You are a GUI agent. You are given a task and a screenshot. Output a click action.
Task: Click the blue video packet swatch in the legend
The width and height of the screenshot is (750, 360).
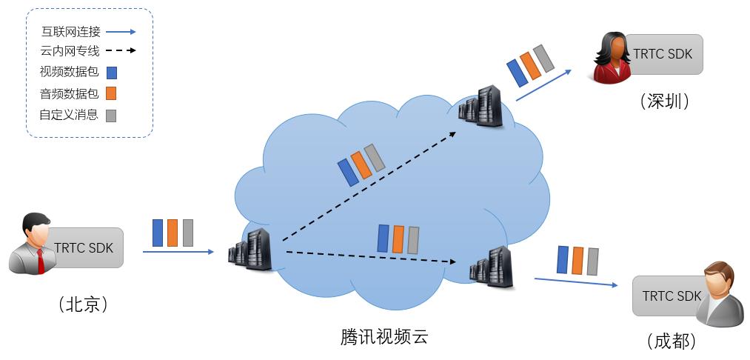click(112, 73)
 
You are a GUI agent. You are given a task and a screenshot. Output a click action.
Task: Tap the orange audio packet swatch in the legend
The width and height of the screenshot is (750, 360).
click(111, 93)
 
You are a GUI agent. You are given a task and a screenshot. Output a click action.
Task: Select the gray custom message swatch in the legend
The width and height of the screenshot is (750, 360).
click(111, 116)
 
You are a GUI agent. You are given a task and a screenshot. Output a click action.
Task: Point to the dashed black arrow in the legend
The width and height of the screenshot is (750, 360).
click(121, 50)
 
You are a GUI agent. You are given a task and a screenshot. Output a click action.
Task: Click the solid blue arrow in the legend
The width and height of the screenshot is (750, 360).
click(121, 32)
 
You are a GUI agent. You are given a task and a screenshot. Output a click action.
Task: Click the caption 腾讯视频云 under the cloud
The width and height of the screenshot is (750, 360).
click(384, 337)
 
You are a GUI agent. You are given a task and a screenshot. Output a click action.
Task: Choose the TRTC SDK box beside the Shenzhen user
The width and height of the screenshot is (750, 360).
click(663, 54)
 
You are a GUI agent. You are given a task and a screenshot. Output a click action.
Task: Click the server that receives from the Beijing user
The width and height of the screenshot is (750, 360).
click(250, 250)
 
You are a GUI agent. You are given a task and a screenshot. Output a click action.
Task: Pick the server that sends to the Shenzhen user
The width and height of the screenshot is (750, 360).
click(481, 106)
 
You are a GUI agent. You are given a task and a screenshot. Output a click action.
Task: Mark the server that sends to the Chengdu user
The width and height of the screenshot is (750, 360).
click(491, 267)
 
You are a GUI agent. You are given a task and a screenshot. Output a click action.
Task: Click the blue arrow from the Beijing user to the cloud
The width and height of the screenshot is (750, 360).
click(178, 251)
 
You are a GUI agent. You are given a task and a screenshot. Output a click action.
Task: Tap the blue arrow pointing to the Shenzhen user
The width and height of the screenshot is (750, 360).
click(544, 85)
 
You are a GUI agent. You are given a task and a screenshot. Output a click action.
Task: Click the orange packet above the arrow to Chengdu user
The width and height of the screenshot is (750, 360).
click(577, 261)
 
